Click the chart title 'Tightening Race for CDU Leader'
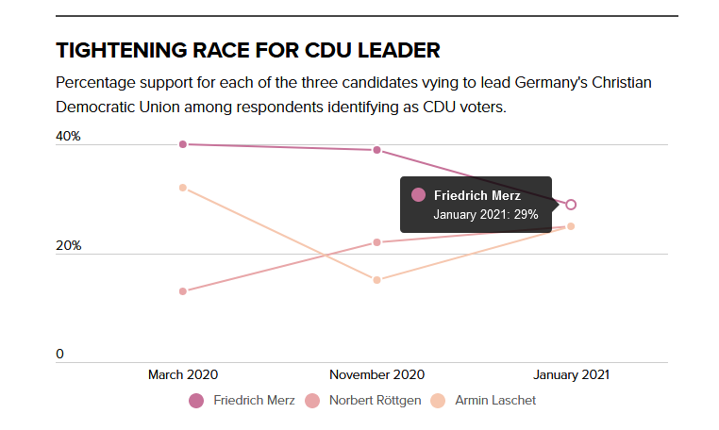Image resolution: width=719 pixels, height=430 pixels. (x=248, y=50)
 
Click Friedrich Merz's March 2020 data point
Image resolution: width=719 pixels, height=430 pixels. (x=183, y=144)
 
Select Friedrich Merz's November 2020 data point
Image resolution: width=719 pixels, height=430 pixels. (x=376, y=150)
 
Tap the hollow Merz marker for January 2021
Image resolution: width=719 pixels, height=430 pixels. (x=571, y=205)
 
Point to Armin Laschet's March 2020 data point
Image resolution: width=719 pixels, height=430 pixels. (x=183, y=188)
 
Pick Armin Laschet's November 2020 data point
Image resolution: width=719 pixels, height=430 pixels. (x=376, y=280)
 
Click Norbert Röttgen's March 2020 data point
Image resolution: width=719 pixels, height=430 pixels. (x=183, y=291)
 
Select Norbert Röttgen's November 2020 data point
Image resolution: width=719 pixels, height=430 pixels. (x=376, y=242)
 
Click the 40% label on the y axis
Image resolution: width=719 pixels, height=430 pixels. (x=68, y=137)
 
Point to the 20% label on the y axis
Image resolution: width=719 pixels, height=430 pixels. (x=68, y=246)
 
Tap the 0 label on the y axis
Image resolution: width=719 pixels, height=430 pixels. (x=59, y=355)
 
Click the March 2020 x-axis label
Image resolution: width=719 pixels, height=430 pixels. (x=183, y=374)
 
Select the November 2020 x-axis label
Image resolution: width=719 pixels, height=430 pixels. (x=376, y=374)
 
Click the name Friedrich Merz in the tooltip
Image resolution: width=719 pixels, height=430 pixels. (x=477, y=195)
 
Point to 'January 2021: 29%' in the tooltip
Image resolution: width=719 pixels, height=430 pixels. (x=485, y=215)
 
